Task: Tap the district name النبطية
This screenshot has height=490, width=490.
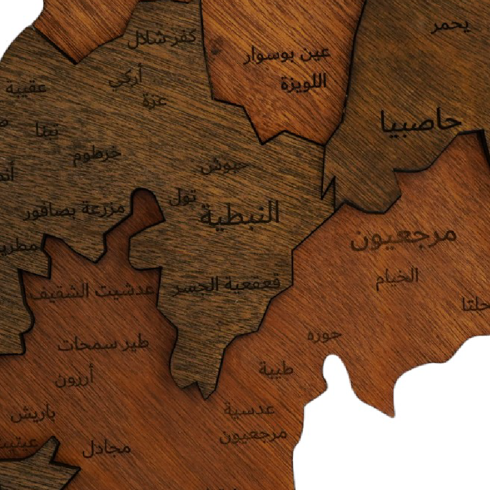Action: click(239, 213)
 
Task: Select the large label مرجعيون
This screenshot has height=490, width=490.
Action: click(404, 238)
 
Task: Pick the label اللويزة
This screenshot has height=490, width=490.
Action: click(304, 82)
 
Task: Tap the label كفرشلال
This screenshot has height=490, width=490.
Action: click(162, 38)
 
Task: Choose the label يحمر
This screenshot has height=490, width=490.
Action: click(450, 25)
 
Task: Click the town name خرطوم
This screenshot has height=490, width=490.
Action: click(97, 155)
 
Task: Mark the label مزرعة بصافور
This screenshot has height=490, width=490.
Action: click(75, 210)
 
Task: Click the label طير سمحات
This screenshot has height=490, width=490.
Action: click(104, 345)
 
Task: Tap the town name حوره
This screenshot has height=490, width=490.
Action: click(325, 335)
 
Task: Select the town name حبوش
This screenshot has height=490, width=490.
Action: click(224, 167)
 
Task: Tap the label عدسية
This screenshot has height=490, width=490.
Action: click(250, 411)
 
